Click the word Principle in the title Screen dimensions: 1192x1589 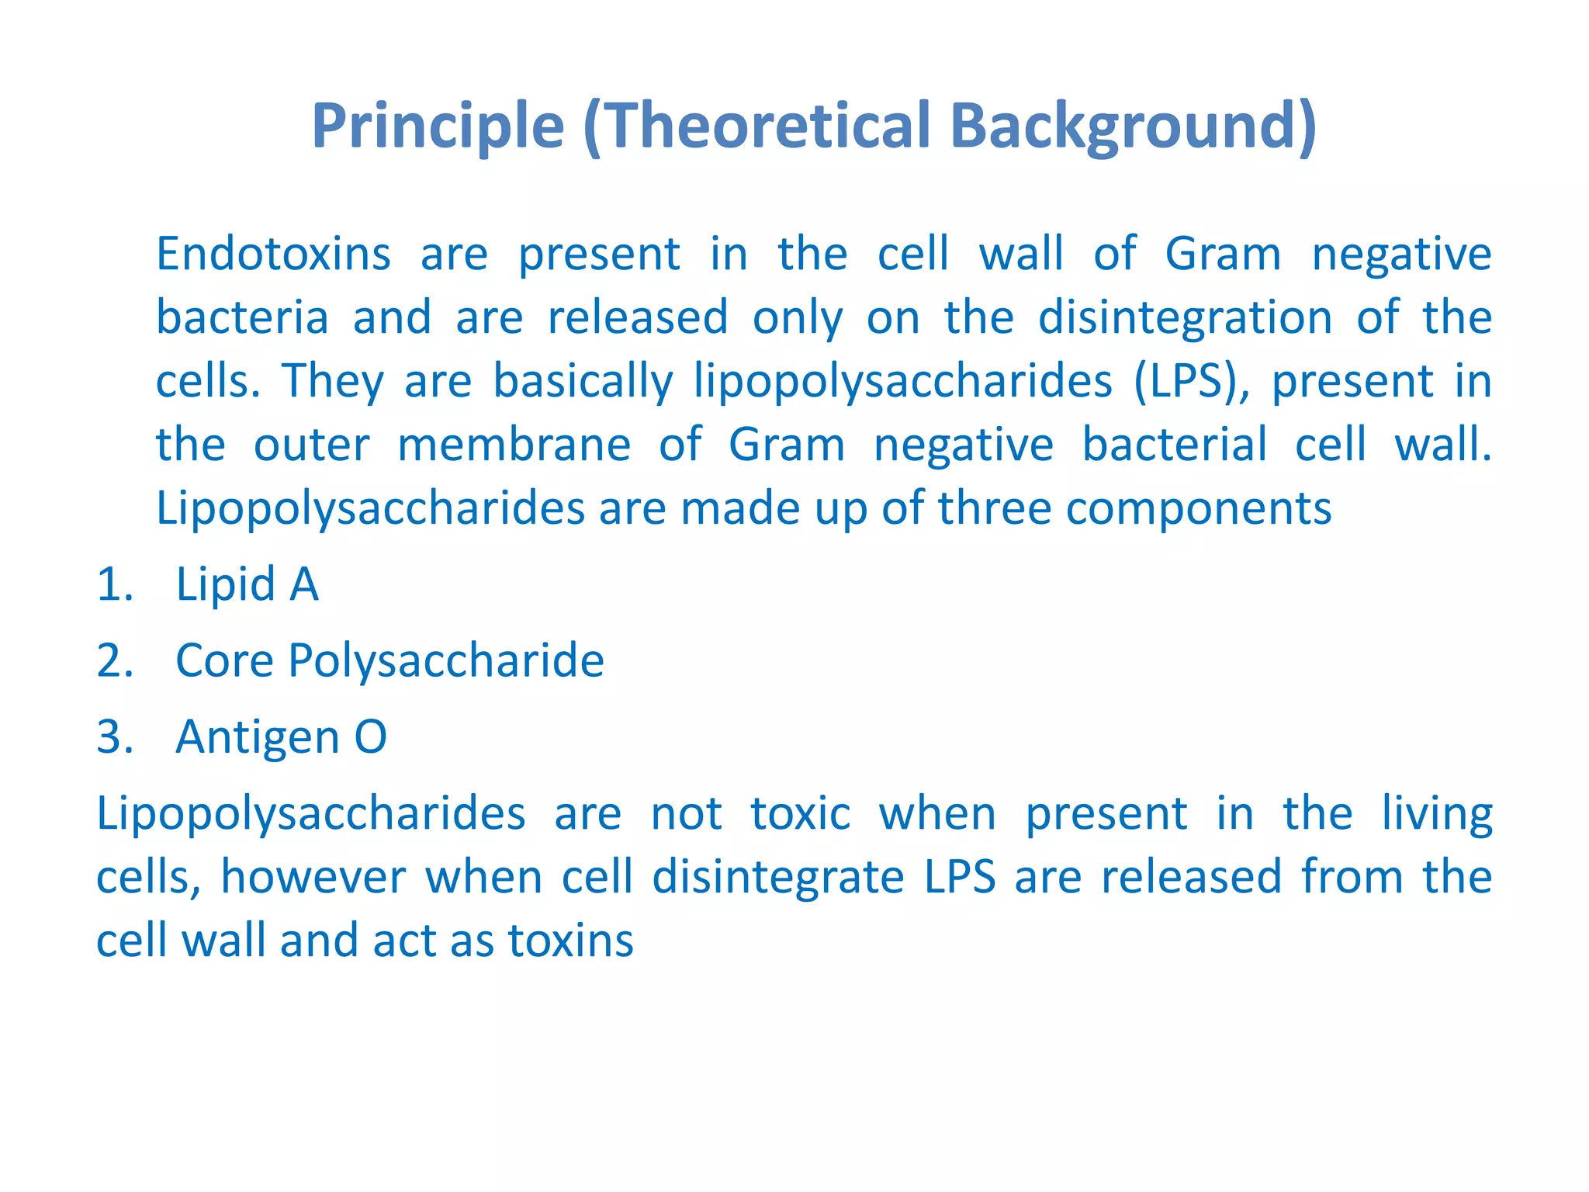438,126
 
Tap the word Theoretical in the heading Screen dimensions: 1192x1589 764,126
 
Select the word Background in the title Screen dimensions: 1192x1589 1122,126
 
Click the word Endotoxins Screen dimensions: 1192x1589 273,255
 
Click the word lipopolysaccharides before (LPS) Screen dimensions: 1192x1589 902,381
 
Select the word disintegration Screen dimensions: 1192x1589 1185,318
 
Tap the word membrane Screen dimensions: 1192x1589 514,445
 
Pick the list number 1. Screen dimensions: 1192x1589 115,584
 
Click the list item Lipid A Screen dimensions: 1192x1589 247,584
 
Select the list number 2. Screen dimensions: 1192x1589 115,660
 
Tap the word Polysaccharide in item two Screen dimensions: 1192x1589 445,660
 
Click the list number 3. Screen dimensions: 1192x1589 115,736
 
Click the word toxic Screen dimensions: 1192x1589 800,813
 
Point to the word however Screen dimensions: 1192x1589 313,877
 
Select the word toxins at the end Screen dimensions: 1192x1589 570,941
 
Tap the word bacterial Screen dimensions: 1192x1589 1174,445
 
